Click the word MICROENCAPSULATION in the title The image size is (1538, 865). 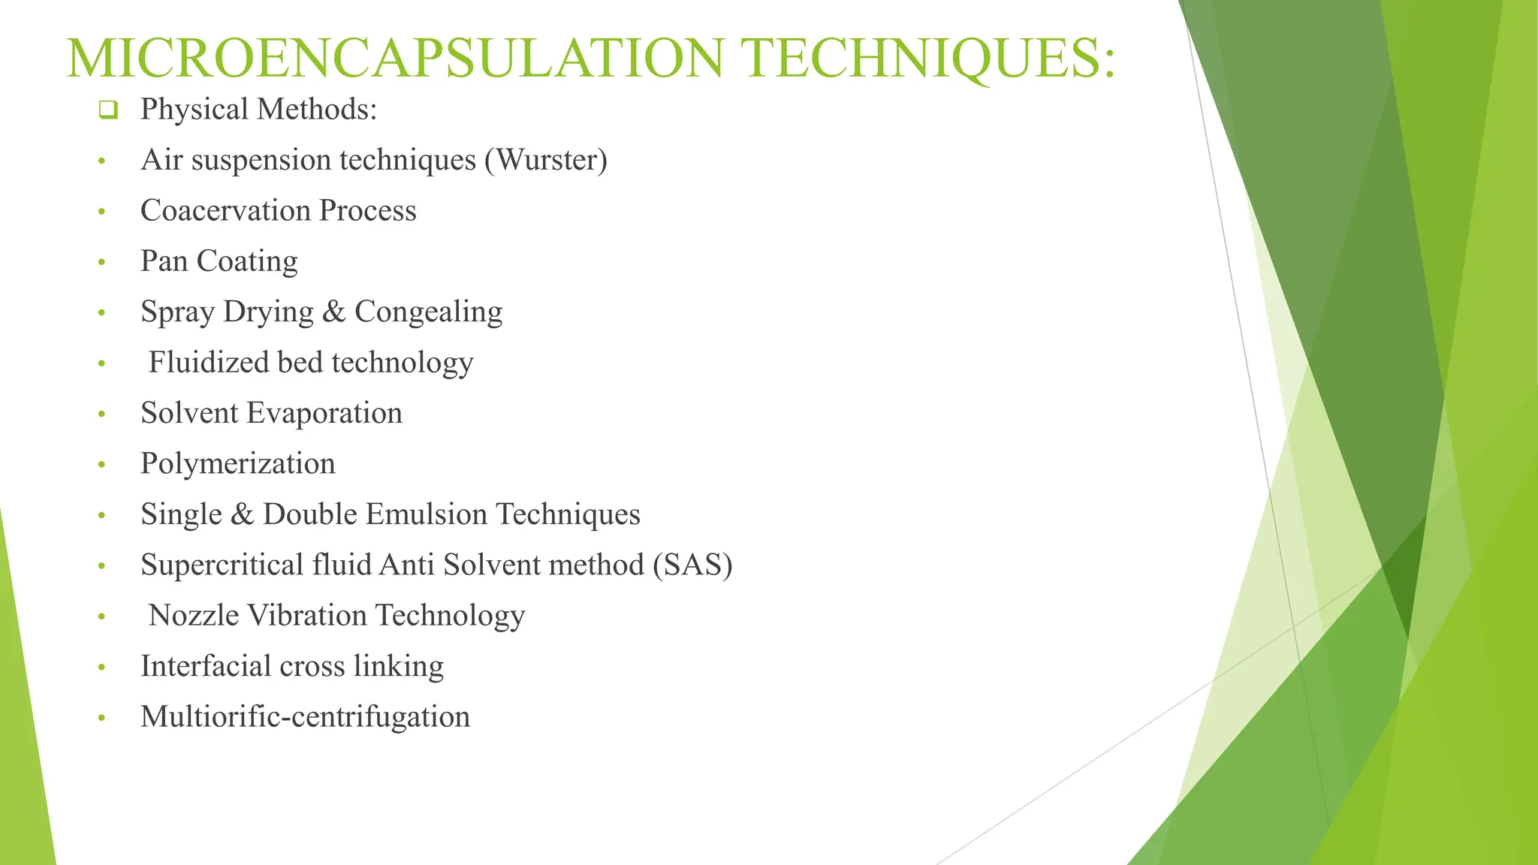(395, 59)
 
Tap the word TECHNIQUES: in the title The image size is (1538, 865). (928, 59)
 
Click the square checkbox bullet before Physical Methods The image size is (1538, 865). (108, 110)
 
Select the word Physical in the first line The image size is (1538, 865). (194, 110)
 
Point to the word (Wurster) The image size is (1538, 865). (546, 160)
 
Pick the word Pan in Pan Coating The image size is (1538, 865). (164, 261)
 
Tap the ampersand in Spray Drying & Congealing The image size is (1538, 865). (333, 312)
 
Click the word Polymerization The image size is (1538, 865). (237, 464)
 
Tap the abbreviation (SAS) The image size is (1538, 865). (692, 565)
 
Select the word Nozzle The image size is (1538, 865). (193, 615)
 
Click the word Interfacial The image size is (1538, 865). (205, 666)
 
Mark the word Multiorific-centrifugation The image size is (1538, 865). (305, 717)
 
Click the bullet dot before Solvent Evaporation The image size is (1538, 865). (102, 414)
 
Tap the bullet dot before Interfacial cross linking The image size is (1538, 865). (102, 668)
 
